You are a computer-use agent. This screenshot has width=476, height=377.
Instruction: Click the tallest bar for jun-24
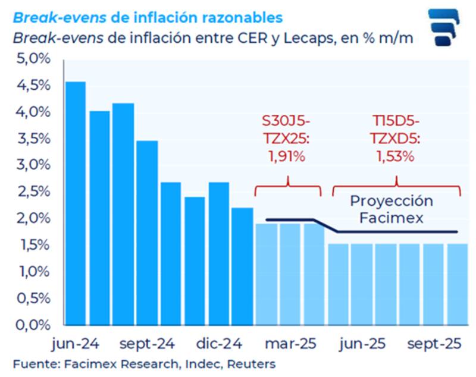[x=76, y=202]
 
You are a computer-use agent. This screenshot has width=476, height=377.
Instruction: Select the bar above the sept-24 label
[x=147, y=232]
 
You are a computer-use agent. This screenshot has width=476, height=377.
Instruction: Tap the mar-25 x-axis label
[x=290, y=344]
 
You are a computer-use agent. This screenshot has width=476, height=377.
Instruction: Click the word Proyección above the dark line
[x=391, y=201]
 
